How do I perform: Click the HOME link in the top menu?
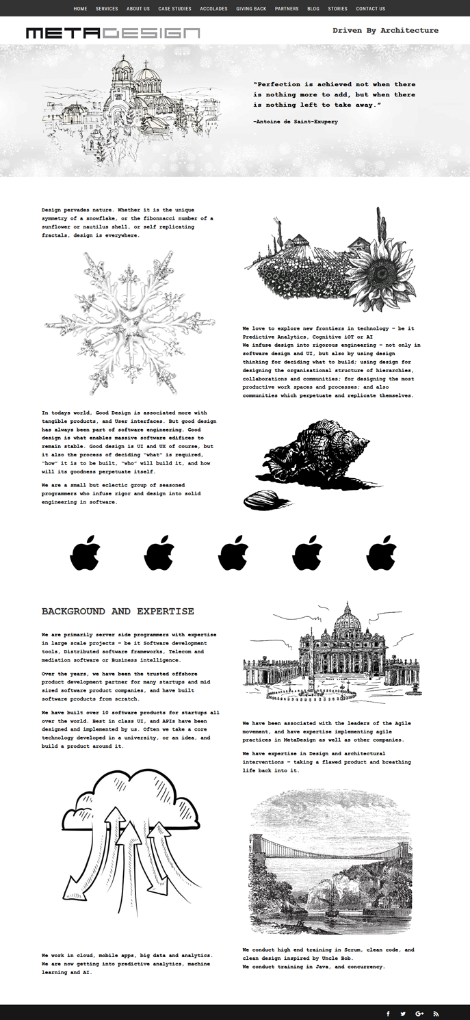pos(80,9)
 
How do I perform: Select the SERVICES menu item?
pos(107,9)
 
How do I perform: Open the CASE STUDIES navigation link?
pos(174,9)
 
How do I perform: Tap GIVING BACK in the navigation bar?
pos(251,9)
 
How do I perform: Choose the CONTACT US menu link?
pos(370,9)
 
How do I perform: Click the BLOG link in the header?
pos(313,9)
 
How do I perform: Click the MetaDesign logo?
pos(113,33)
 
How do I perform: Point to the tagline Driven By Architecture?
pos(385,31)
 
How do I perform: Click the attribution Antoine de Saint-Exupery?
pos(295,122)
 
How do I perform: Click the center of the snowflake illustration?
pos(129,322)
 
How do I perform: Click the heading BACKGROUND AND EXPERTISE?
pos(118,612)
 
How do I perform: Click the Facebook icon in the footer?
pos(388,1014)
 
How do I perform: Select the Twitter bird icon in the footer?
pos(403,1014)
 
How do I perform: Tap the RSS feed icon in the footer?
pos(436,1014)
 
